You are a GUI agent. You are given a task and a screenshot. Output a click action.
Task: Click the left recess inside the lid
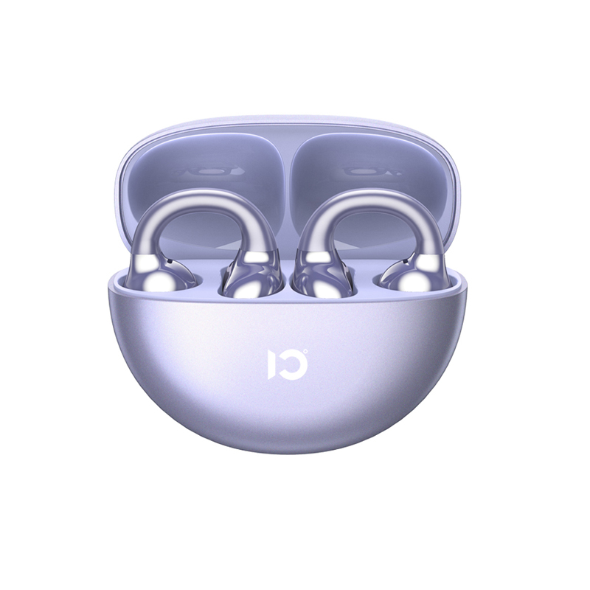click(x=206, y=162)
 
